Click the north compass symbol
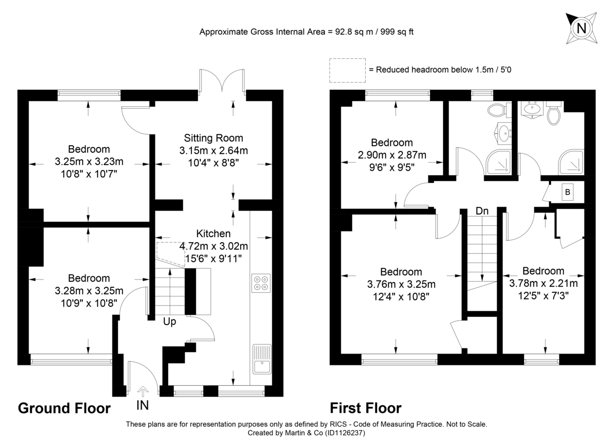coord(581,28)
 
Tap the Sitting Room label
coord(214,138)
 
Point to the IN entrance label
coord(144,406)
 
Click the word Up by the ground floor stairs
coord(170,322)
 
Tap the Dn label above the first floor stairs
coord(481,211)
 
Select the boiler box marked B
coord(568,193)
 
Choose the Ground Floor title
coord(64,408)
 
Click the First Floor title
coord(365,408)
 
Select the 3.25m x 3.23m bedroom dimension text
coord(89,162)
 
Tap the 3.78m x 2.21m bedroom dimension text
coord(544,284)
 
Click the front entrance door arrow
coord(143,391)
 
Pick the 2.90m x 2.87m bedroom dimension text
coord(392,155)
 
